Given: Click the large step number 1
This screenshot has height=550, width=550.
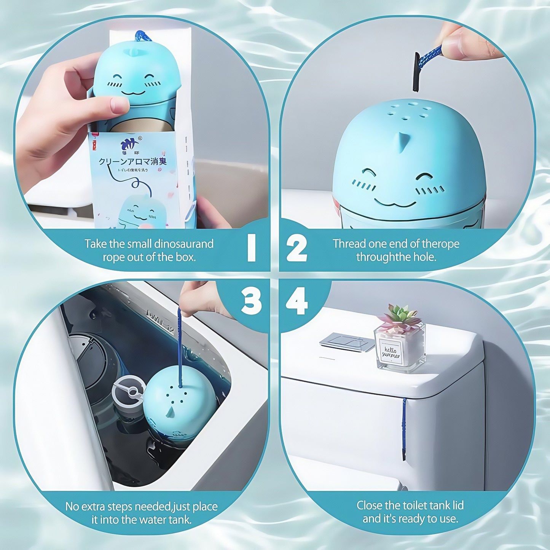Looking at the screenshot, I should point(252,248).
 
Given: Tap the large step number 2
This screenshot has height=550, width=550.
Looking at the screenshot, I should point(297,248).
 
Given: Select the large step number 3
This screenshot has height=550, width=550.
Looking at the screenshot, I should point(252,302).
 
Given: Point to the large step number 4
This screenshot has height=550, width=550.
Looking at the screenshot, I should point(297,302).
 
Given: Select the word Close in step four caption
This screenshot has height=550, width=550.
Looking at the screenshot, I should point(369,505).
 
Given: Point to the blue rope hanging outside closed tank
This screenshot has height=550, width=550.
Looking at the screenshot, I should point(404,426).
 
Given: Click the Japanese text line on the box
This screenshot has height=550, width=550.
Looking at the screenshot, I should point(132,161).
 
